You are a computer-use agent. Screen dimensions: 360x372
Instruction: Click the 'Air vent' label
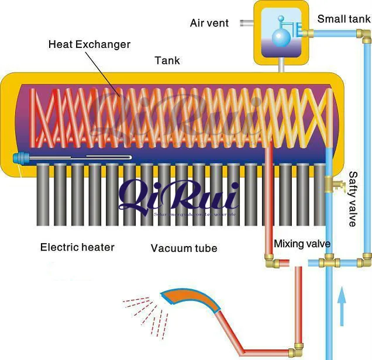pos(209,23)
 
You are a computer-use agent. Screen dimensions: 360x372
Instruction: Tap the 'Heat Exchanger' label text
pos(89,44)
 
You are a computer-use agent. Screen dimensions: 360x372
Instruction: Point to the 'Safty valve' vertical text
pos(353,199)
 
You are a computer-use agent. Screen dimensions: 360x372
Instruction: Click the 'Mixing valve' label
pos(302,244)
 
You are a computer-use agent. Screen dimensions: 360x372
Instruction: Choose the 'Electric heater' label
pos(77,247)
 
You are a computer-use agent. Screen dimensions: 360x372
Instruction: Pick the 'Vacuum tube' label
pos(184,248)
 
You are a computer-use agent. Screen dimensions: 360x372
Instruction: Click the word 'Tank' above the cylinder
pos(167,60)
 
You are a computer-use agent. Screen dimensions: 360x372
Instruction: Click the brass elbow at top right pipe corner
pos(365,37)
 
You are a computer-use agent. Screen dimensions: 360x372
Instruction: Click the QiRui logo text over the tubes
pos(178,196)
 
